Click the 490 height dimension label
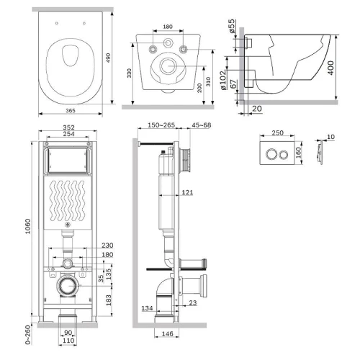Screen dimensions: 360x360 [108, 58]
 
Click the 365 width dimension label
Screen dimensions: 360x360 [71, 111]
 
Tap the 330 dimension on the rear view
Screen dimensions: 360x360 [130, 73]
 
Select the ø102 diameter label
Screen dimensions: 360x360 [223, 80]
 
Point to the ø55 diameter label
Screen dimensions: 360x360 [232, 26]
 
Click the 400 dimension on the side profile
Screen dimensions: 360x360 [330, 68]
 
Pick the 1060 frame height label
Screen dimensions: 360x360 [28, 226]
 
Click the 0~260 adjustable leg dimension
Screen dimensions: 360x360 [28, 335]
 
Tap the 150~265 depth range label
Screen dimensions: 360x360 [161, 125]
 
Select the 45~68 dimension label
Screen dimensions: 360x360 [202, 125]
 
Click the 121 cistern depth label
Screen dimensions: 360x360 [187, 192]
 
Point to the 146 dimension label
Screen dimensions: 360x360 [167, 333]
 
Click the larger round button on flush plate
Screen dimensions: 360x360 [271, 154]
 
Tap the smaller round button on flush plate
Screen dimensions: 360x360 [284, 155]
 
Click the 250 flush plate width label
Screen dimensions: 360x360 [278, 132]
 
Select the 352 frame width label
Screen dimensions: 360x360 [68, 127]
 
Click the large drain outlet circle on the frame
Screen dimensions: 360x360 [68, 286]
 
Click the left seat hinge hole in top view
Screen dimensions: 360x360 [57, 23]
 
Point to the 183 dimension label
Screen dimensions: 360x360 [109, 300]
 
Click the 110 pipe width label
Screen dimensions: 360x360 [68, 341]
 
